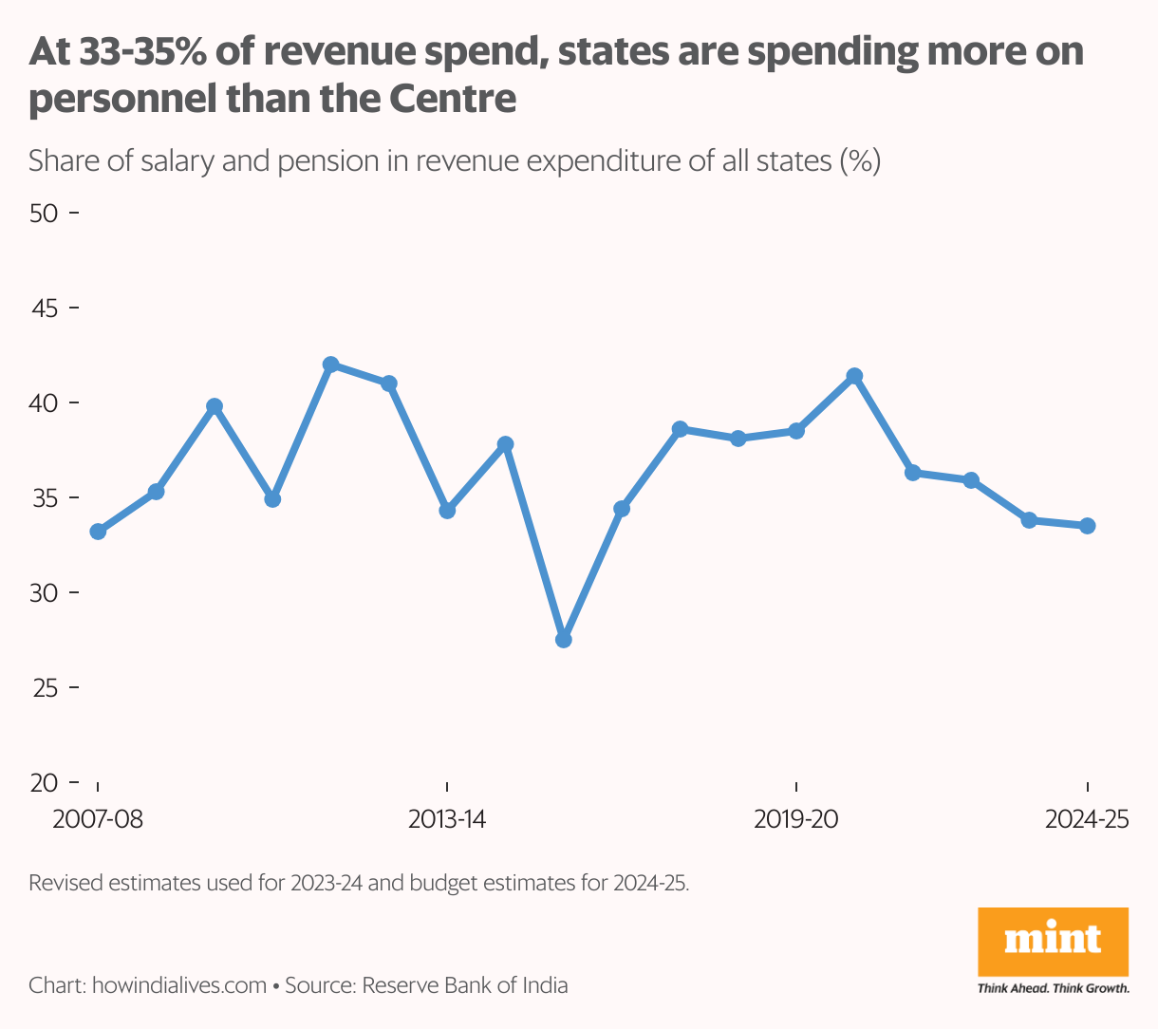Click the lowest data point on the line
pyautogui.click(x=564, y=640)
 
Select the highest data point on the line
pyautogui.click(x=330, y=365)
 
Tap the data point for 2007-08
pyautogui.click(x=98, y=532)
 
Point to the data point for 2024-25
pyautogui.click(x=1088, y=526)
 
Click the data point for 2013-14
pyautogui.click(x=447, y=511)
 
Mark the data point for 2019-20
pyautogui.click(x=796, y=431)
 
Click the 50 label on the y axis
pyautogui.click(x=44, y=214)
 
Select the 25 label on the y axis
pyautogui.click(x=44, y=688)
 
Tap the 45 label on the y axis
pyautogui.click(x=44, y=309)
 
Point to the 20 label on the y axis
pyautogui.click(x=44, y=783)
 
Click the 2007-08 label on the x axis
pyautogui.click(x=98, y=819)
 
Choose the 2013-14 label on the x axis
pyautogui.click(x=447, y=819)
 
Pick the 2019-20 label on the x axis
pyautogui.click(x=796, y=819)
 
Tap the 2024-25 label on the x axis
pyautogui.click(x=1087, y=819)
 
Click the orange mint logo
pyautogui.click(x=1053, y=942)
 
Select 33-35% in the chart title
pyautogui.click(x=142, y=52)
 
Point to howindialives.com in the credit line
pyautogui.click(x=179, y=985)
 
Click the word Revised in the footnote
pyautogui.click(x=65, y=883)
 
